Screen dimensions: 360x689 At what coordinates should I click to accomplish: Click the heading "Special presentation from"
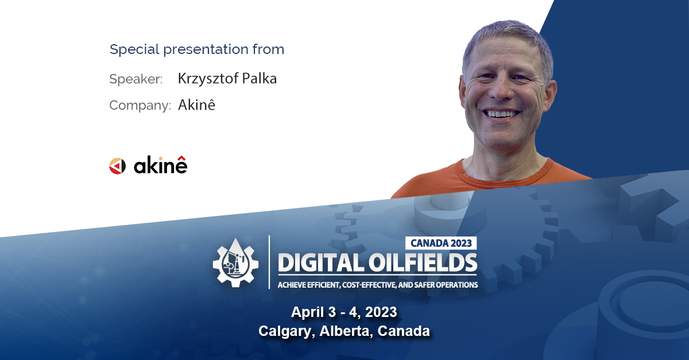pyautogui.click(x=197, y=49)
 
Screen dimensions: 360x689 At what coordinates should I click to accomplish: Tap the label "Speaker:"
pyautogui.click(x=136, y=79)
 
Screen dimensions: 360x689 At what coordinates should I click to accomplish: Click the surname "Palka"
pyautogui.click(x=261, y=79)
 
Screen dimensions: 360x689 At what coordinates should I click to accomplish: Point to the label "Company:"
pyautogui.click(x=140, y=106)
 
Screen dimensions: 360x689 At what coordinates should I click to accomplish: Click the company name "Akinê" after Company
pyautogui.click(x=196, y=105)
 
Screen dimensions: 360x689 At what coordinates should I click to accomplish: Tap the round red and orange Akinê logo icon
pyautogui.click(x=117, y=167)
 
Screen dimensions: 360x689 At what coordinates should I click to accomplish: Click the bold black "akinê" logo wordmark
pyautogui.click(x=160, y=166)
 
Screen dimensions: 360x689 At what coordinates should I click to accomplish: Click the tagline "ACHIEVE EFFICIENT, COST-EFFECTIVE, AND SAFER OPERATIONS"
pyautogui.click(x=377, y=285)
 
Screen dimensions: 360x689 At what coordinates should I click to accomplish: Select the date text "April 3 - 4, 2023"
pyautogui.click(x=344, y=312)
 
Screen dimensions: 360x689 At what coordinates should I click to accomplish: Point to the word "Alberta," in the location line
pyautogui.click(x=344, y=331)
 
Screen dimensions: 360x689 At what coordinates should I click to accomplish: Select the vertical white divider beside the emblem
pyautogui.click(x=269, y=261)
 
